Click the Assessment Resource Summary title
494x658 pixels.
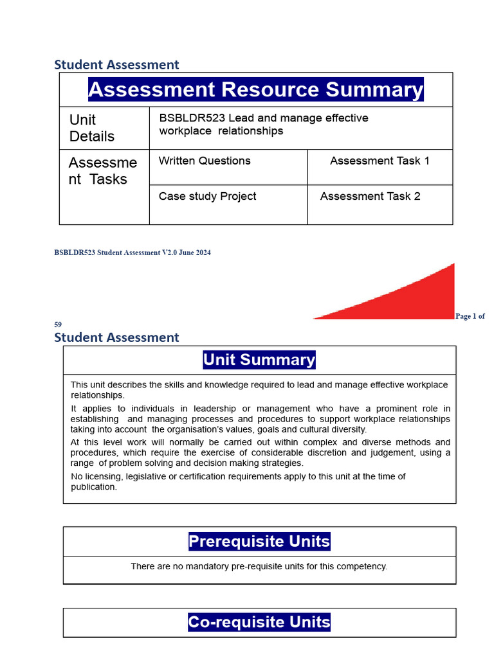point(256,89)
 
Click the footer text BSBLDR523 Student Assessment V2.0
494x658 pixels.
point(132,253)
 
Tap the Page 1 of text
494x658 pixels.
point(470,316)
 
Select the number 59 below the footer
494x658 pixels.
point(58,325)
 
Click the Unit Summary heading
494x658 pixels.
point(259,360)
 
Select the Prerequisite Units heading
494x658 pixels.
point(259,542)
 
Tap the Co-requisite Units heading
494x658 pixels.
point(259,622)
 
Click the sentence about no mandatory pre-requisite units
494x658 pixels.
point(259,567)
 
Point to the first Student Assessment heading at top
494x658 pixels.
point(116,64)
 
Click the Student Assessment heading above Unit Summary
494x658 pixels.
point(116,337)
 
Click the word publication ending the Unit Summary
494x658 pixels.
point(94,487)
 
